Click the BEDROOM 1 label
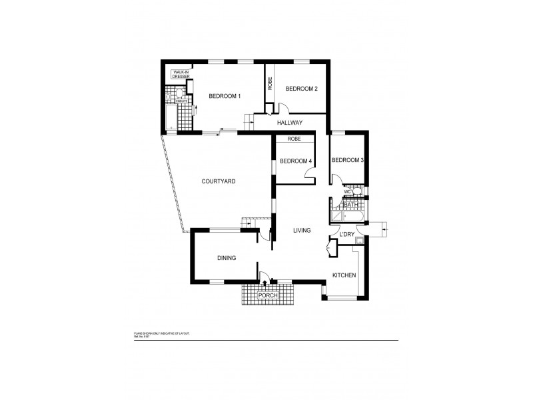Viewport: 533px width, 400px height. pyautogui.click(x=224, y=97)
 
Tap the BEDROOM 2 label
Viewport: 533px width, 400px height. pyautogui.click(x=301, y=89)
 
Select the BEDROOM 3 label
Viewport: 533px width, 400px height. pyautogui.click(x=347, y=160)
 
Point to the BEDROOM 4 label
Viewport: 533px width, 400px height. pyautogui.click(x=295, y=161)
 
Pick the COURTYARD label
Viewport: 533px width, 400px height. pyautogui.click(x=219, y=181)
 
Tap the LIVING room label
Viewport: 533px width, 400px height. pyautogui.click(x=302, y=231)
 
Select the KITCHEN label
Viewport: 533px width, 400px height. pyautogui.click(x=345, y=275)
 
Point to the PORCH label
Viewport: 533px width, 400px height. pyautogui.click(x=268, y=295)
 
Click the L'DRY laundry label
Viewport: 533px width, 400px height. pyautogui.click(x=346, y=235)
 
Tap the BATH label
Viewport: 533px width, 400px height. pyautogui.click(x=351, y=205)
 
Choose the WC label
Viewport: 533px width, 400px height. pyautogui.click(x=346, y=192)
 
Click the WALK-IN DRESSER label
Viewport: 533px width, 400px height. pyautogui.click(x=181, y=74)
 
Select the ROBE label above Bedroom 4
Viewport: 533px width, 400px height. pyautogui.click(x=294, y=139)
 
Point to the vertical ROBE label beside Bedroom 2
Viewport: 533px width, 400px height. pyautogui.click(x=270, y=84)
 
